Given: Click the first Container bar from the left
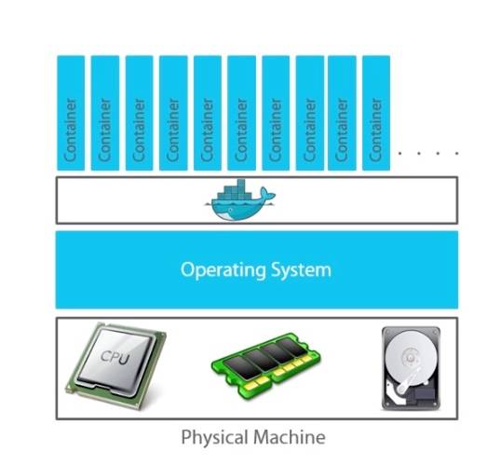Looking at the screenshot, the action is tap(71, 113).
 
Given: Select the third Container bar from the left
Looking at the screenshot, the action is tap(139, 113).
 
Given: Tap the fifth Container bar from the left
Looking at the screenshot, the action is tap(208, 113).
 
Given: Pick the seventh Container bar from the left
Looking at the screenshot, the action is tap(276, 113).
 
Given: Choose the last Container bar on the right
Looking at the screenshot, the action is tap(376, 113).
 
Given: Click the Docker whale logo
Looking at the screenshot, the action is tap(239, 199).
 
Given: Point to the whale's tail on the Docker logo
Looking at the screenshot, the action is tap(267, 194).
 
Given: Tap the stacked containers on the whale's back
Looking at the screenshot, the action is tap(236, 189).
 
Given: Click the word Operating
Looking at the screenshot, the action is tap(223, 270).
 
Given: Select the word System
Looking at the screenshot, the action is tap(301, 270).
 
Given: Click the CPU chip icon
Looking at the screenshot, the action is tap(116, 365).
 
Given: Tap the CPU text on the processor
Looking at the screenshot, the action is tap(115, 357).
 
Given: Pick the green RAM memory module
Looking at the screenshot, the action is tap(266, 365).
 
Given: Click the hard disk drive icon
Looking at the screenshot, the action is tap(411, 368).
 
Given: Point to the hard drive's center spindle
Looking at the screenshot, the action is tap(410, 358).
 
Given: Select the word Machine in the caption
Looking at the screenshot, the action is tap(290, 437).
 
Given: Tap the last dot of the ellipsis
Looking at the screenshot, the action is tap(456, 153).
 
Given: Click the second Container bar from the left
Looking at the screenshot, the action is tap(105, 113).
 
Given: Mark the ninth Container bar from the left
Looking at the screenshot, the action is tap(342, 113).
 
